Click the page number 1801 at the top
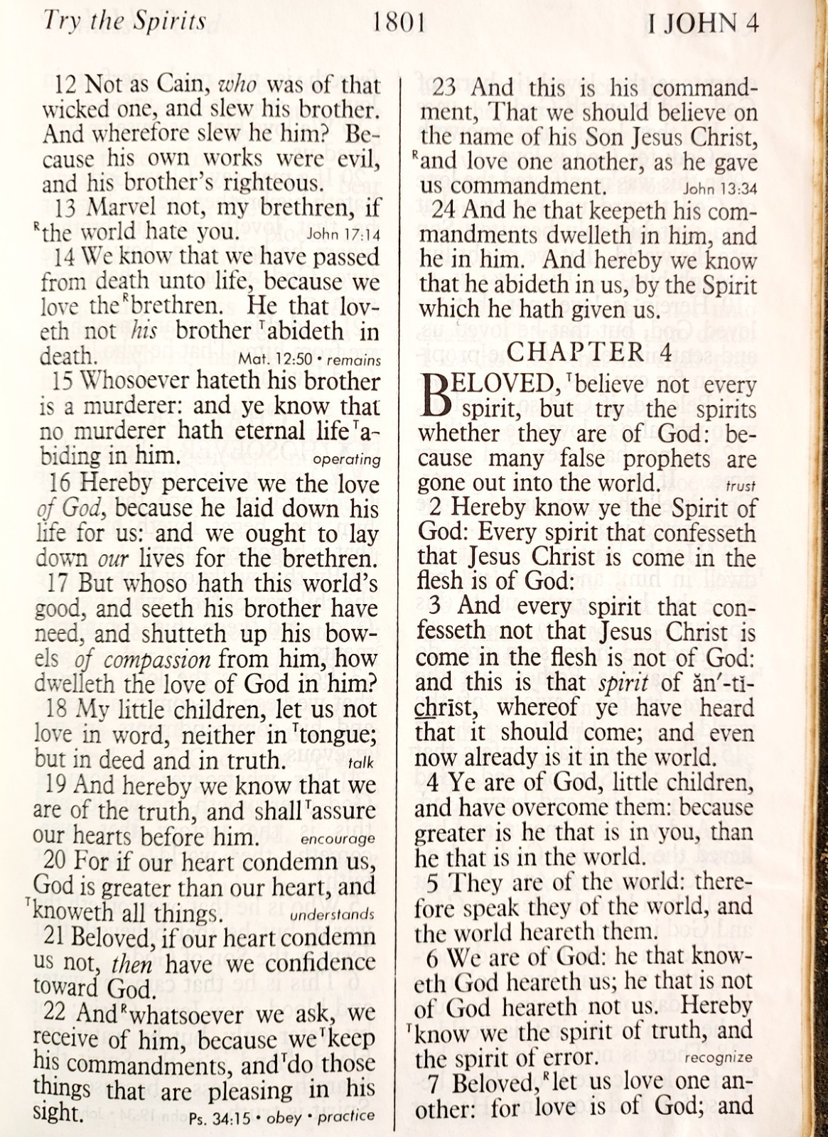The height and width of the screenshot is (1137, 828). pos(397,23)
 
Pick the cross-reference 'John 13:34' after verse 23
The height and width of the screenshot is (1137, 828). pos(720,189)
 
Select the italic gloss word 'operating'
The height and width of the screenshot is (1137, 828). pos(347,459)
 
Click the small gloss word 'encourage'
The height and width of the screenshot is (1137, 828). pos(338,839)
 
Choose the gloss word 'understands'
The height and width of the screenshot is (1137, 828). pos(332,915)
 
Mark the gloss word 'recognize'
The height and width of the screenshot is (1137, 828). pos(719,1057)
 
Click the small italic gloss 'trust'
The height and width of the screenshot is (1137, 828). pos(741,487)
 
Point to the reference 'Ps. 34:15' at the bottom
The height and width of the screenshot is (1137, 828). pos(217,1116)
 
